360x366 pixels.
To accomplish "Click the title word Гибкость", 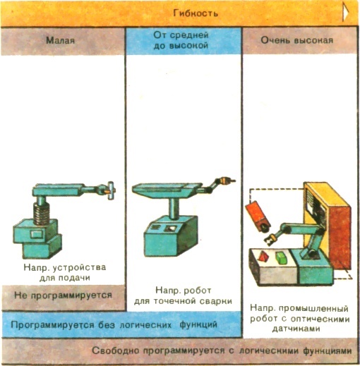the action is click(196, 13).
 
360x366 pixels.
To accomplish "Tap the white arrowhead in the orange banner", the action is click(345, 13).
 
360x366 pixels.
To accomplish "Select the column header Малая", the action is click(61, 40).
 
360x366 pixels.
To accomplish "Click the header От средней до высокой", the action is click(181, 40).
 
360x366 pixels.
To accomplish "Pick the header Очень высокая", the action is click(297, 40).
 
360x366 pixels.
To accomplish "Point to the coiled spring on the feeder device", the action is click(42, 214).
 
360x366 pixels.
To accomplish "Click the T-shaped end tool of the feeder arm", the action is click(110, 190).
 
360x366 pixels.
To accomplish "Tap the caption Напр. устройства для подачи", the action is click(65, 272).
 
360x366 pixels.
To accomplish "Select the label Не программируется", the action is click(63, 295).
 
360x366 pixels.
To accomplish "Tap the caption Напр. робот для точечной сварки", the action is click(183, 295).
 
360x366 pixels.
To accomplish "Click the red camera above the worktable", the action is click(258, 216).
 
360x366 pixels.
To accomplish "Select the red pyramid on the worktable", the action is click(263, 255).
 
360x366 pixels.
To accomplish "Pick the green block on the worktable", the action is click(281, 257).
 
